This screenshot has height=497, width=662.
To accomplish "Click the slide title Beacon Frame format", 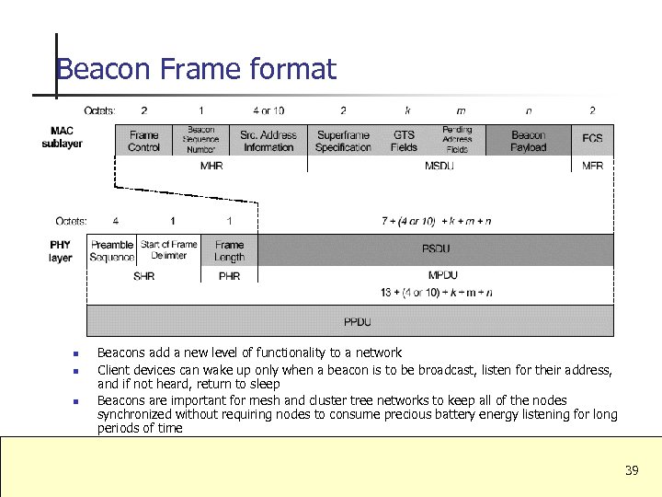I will tap(196, 69).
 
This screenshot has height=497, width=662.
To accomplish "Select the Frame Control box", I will tap(143, 141).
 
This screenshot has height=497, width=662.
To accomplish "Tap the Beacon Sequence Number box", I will tap(201, 140).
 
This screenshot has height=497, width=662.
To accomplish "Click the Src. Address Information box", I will tap(268, 141).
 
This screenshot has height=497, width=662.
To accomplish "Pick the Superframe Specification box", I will tap(343, 141).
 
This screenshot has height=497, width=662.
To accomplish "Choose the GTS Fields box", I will tap(404, 141).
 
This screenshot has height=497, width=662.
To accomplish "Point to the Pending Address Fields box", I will tap(457, 140).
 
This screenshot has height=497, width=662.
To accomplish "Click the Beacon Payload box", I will tap(528, 141).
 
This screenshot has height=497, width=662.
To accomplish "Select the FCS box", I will tap(592, 139).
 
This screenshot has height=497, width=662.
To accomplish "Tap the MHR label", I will tap(211, 166).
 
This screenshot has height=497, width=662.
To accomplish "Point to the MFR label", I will tap(593, 166).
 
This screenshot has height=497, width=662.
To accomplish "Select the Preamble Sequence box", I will tap(112, 250).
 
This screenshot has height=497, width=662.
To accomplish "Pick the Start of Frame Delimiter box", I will tap(169, 250).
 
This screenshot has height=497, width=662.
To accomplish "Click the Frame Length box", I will tap(229, 250).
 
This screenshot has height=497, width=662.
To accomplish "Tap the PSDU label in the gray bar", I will tap(436, 248).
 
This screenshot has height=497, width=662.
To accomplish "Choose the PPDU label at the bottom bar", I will tap(358, 321).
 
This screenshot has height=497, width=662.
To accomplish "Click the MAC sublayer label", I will tap(62, 137).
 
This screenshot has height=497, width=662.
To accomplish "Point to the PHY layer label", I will tap(61, 251).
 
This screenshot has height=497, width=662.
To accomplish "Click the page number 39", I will tap(631, 470).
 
